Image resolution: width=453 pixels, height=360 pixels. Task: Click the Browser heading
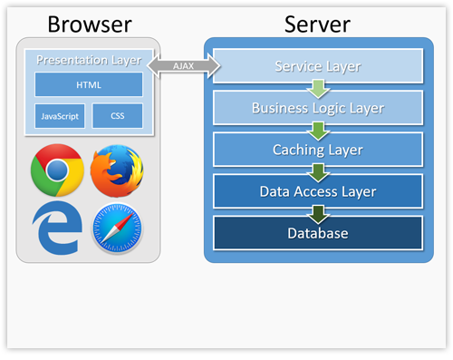89,24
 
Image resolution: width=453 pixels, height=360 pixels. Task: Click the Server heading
317,24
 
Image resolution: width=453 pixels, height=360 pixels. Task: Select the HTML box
89,84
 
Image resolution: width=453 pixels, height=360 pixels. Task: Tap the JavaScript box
59,116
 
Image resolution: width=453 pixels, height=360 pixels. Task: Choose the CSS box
117,116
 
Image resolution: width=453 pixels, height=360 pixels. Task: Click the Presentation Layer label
89,61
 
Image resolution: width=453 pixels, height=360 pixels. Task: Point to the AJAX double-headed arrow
184,65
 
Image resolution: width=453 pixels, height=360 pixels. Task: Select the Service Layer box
317,66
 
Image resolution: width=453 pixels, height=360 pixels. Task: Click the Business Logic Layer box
317,108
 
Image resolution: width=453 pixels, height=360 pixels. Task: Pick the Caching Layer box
317,150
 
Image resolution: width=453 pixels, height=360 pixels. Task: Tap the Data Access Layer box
317,191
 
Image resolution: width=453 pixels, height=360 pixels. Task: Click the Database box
317,233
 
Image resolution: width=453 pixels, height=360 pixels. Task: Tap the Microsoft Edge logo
57,227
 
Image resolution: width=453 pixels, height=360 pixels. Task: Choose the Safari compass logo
117,229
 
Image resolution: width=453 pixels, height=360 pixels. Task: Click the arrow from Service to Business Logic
317,88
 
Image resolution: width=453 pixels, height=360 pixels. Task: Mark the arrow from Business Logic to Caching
317,130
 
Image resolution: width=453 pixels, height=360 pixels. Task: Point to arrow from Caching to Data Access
317,171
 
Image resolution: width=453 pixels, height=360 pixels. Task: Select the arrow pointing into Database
317,213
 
